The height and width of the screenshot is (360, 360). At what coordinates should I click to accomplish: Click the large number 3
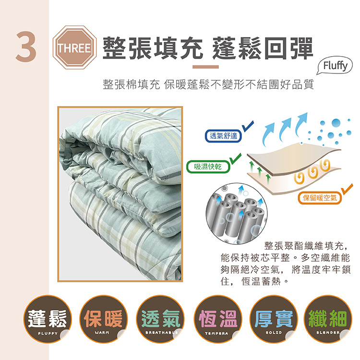[26, 47]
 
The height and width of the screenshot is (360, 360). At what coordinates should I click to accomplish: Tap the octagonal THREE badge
[74, 48]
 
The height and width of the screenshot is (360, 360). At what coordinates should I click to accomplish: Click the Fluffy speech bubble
[335, 66]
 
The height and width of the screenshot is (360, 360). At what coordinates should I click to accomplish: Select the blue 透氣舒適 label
[223, 136]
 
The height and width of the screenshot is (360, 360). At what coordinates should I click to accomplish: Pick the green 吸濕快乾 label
[208, 167]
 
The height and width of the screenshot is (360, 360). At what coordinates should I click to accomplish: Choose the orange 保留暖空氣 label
[319, 198]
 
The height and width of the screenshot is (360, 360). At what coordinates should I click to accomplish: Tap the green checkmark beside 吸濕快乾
[236, 159]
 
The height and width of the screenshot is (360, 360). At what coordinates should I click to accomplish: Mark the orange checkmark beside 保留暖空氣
[347, 189]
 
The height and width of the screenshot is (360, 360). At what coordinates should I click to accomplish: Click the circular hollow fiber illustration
[237, 214]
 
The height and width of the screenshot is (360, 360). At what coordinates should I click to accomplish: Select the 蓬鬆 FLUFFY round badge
[48, 319]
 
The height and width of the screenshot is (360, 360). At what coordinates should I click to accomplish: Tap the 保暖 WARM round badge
[103, 319]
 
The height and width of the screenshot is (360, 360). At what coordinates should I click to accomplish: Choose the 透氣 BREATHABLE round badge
[160, 319]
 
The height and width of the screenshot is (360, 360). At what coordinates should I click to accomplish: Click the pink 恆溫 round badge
[218, 319]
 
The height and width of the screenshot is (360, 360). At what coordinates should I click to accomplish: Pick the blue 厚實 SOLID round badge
[274, 319]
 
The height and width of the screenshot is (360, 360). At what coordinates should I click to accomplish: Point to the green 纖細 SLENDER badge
[328, 319]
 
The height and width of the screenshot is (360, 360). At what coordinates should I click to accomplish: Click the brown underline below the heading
[205, 67]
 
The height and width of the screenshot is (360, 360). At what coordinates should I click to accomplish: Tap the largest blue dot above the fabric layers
[336, 122]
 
